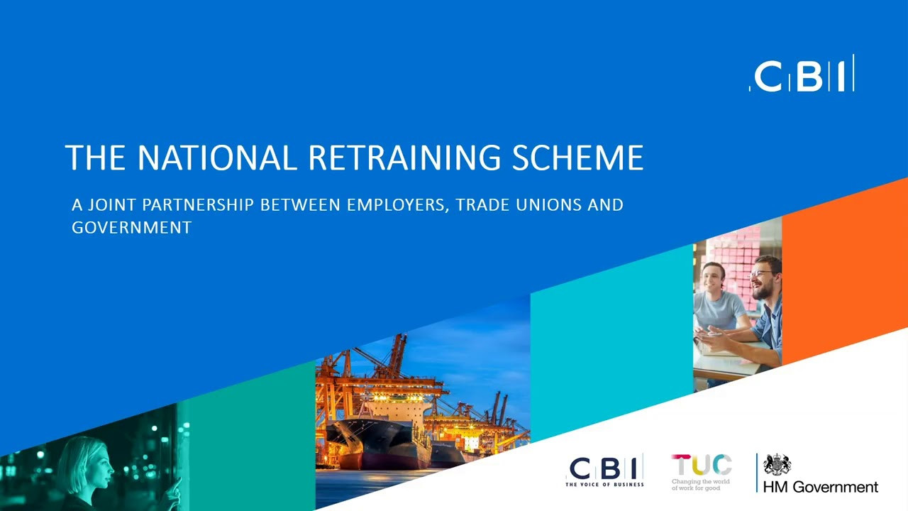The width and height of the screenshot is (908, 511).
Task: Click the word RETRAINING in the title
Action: coord(404,158)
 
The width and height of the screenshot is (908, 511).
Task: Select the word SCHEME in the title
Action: coord(577,158)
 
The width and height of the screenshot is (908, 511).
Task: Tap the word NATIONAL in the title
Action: coord(217,158)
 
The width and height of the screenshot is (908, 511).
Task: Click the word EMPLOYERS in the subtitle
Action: coord(398,205)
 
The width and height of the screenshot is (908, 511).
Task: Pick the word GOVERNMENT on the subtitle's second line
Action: coord(131,228)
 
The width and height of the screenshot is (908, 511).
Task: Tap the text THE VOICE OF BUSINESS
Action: coord(604,484)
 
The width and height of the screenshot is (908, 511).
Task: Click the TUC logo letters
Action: coord(702,465)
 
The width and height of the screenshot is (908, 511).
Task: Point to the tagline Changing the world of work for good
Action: coord(700,485)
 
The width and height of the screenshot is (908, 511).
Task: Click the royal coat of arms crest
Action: coord(777,465)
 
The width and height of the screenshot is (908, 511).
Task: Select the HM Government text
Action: coord(821,487)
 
